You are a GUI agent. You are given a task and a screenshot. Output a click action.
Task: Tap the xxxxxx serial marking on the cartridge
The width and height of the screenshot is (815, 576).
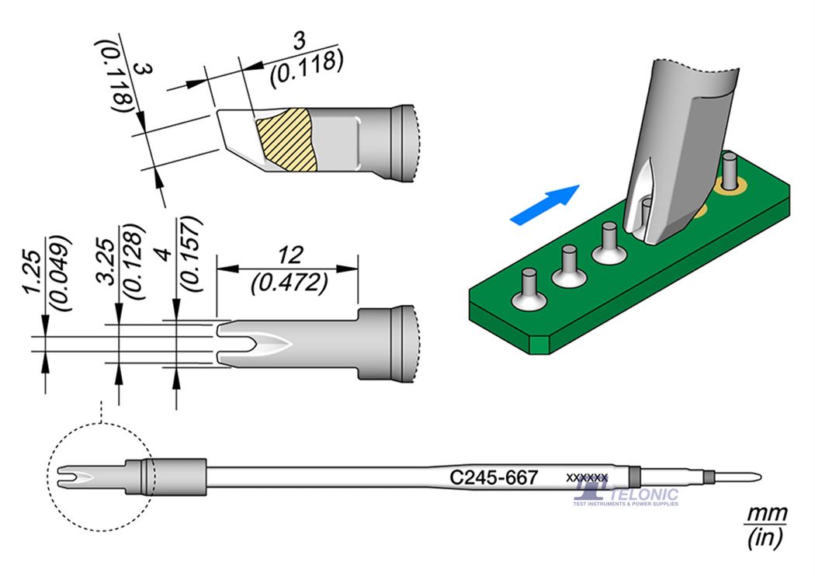point(587,477)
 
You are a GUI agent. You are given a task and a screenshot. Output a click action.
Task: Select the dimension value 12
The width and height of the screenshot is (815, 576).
point(287,255)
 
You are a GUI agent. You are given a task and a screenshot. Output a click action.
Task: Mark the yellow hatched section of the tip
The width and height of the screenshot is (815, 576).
point(287,140)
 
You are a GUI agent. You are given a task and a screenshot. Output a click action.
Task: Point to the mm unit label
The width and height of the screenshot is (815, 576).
point(766,515)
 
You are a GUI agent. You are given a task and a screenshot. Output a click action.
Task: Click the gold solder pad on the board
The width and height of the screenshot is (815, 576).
point(732,186)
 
